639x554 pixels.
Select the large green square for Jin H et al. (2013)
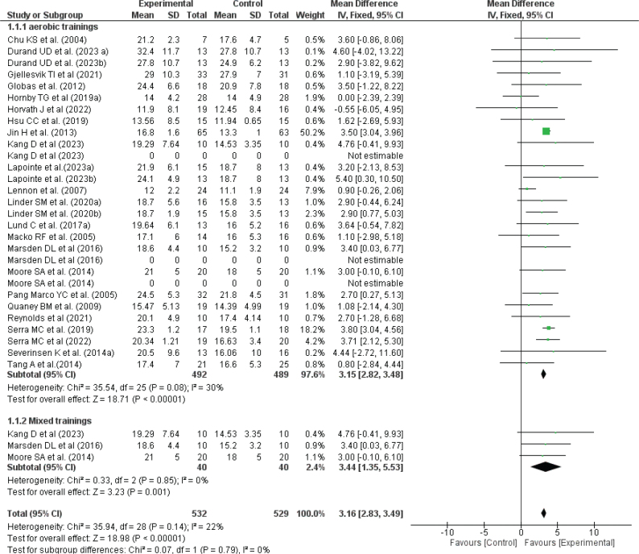546,130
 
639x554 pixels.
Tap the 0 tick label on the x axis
521,532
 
